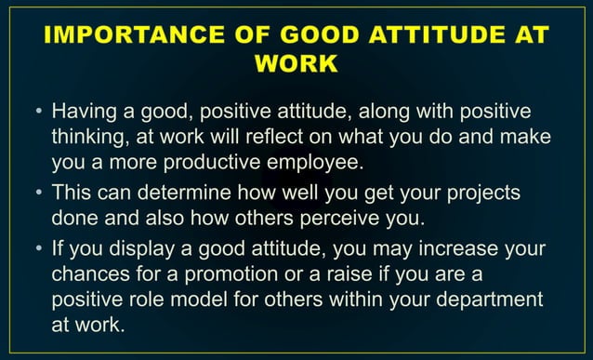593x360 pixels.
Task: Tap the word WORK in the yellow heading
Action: pos(296,66)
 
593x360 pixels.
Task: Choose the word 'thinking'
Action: pos(88,138)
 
